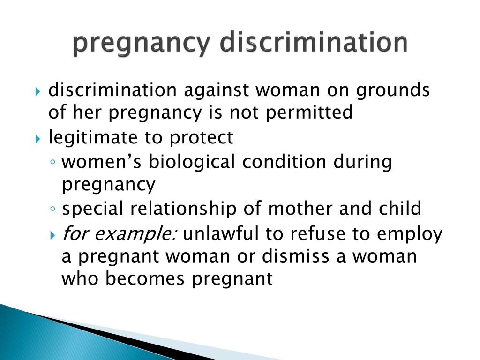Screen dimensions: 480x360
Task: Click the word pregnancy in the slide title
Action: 142,44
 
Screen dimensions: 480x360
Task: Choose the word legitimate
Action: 93,138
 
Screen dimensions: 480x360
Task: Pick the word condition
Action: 284,161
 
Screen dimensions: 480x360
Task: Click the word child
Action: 400,209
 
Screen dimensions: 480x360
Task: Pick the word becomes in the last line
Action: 145,278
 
